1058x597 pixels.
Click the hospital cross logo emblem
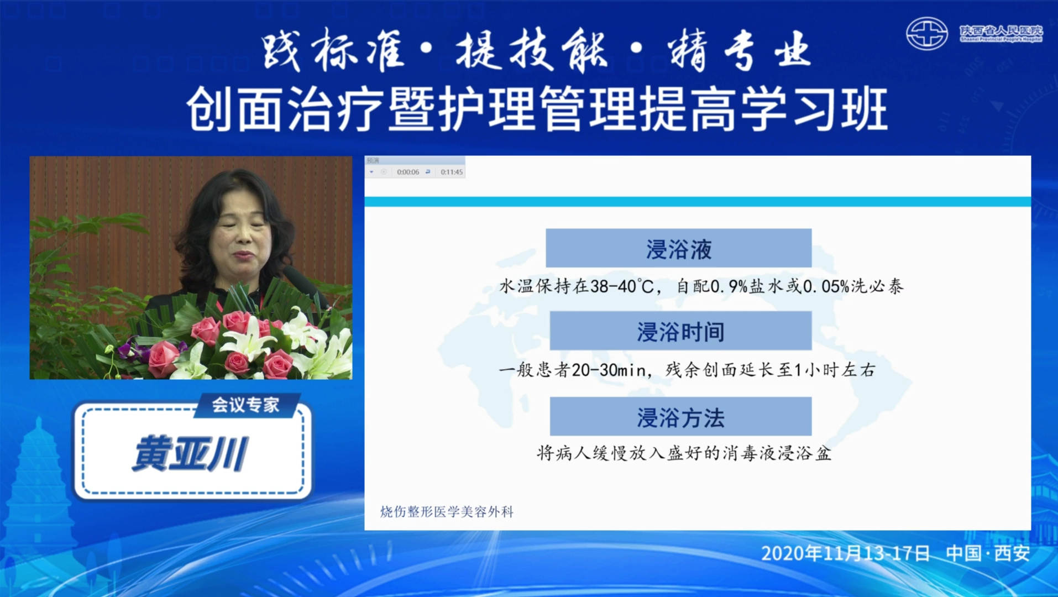click(x=927, y=34)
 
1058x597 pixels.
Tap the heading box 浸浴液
click(x=678, y=248)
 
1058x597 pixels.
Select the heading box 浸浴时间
click(x=680, y=331)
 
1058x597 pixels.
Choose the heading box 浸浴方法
click(x=680, y=416)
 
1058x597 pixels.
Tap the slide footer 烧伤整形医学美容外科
click(x=447, y=512)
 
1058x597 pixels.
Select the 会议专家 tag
click(x=246, y=405)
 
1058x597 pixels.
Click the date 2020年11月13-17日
click(x=846, y=553)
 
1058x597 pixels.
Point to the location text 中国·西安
click(x=988, y=553)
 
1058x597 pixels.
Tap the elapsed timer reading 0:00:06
click(x=408, y=172)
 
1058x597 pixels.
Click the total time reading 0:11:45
click(x=452, y=172)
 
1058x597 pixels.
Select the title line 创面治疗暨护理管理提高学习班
click(x=537, y=109)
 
